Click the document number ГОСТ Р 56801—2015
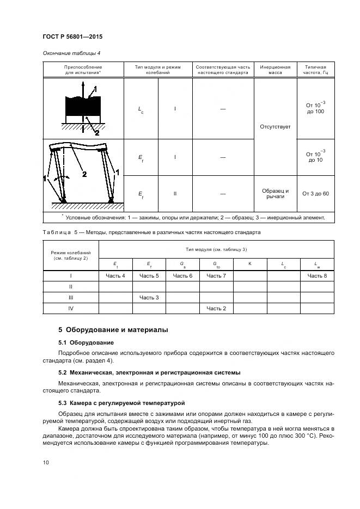tap(72, 37)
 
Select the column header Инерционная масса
tap(275, 69)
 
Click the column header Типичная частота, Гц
tap(315, 69)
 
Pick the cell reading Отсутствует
tap(275, 126)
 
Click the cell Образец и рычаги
tap(275, 194)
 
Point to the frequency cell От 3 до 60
tap(315, 194)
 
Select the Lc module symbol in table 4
tap(141, 109)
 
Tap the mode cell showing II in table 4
tap(175, 194)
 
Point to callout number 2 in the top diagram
tap(97, 132)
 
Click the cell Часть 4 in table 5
tap(115, 276)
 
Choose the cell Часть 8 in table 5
tap(317, 276)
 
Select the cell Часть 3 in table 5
tap(149, 297)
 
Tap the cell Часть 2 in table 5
tap(216, 308)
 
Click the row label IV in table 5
tap(70, 308)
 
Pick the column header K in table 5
tap(249, 263)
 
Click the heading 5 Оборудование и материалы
tap(113, 330)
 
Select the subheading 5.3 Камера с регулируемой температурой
tap(121, 403)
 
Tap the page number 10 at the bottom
tap(46, 463)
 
